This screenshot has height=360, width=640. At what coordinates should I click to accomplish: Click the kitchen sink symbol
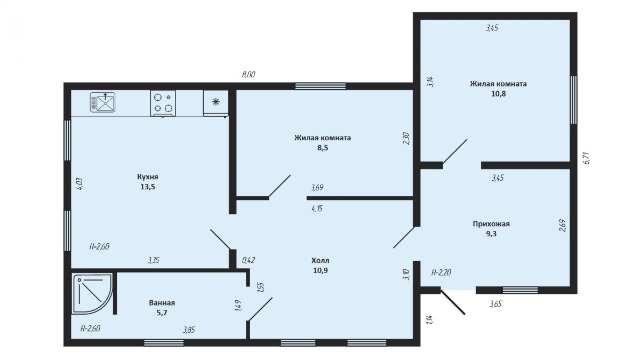click(x=103, y=102)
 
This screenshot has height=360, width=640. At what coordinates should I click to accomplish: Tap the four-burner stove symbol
click(x=163, y=103)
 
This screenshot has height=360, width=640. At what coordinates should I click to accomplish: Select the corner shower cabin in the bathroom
click(x=92, y=294)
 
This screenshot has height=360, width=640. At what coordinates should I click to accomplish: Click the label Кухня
click(x=148, y=177)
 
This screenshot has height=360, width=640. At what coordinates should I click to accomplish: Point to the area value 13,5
click(x=148, y=187)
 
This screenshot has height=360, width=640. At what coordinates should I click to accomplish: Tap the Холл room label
click(x=321, y=260)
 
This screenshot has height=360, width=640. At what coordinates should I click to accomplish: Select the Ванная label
click(x=162, y=302)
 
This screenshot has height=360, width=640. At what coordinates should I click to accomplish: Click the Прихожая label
click(x=491, y=223)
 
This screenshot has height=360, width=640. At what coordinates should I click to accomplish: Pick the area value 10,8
click(x=499, y=94)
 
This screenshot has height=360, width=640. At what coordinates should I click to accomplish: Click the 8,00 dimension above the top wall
click(x=249, y=75)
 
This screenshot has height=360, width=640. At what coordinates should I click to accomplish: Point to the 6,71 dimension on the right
click(x=586, y=158)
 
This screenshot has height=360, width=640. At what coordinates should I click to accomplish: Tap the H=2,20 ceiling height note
click(x=441, y=273)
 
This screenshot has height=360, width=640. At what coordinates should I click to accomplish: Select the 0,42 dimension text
click(x=249, y=260)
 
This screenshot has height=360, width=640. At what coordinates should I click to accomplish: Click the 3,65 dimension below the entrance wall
click(x=495, y=303)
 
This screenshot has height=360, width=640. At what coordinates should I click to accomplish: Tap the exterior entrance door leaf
click(x=453, y=302)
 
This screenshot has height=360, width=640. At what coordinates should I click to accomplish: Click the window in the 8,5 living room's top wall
click(x=321, y=86)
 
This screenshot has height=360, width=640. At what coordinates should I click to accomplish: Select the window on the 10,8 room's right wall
click(x=574, y=100)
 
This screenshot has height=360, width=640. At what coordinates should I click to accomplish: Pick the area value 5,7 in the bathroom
click(x=162, y=313)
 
